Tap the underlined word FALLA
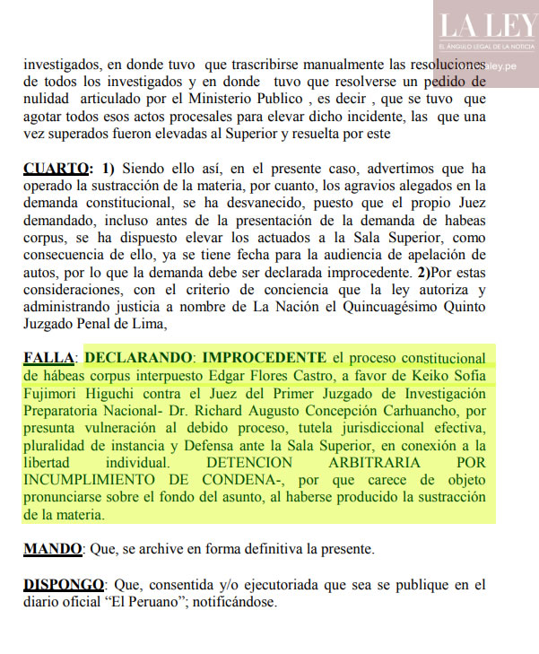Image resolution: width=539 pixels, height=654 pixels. point(49,358)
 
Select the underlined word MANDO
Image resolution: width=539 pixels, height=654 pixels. point(53,548)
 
